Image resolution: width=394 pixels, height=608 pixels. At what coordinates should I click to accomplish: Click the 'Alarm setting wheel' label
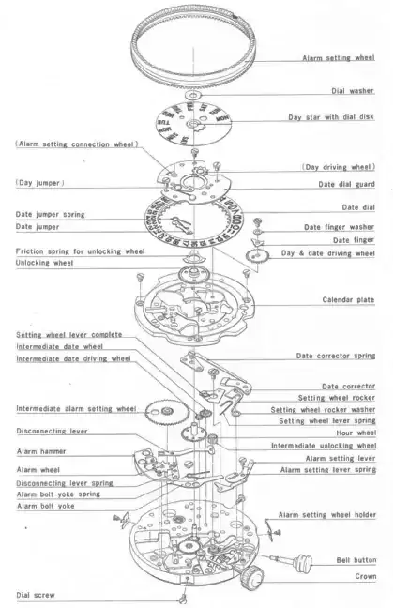339,58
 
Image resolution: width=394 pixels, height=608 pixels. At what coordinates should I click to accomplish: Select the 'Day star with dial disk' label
331,116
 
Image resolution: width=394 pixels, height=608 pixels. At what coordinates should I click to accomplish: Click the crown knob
251,576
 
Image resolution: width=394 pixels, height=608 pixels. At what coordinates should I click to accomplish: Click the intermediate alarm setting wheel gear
167,412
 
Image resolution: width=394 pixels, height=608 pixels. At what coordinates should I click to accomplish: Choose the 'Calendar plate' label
348,299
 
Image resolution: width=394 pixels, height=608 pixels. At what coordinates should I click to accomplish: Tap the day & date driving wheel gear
257,256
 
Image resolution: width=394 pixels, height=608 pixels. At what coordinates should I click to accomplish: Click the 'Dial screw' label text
36,595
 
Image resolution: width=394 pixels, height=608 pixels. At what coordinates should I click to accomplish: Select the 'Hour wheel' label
356,433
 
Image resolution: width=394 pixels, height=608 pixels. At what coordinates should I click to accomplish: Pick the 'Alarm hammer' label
41,451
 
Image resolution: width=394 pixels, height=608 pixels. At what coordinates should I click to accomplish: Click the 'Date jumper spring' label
50,215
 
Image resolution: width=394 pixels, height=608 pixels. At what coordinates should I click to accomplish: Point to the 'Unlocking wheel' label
44,263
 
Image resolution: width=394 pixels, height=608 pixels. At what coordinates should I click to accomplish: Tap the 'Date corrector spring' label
336,356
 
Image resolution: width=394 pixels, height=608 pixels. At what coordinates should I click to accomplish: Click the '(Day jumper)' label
40,183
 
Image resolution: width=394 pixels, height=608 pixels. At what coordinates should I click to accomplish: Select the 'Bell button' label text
356,560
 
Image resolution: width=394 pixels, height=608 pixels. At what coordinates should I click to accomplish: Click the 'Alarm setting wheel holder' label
327,515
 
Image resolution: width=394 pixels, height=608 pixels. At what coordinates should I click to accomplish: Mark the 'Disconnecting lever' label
52,432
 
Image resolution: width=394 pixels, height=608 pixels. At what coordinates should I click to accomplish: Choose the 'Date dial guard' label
347,184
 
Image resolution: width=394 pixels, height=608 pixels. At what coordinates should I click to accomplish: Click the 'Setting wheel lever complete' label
69,335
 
